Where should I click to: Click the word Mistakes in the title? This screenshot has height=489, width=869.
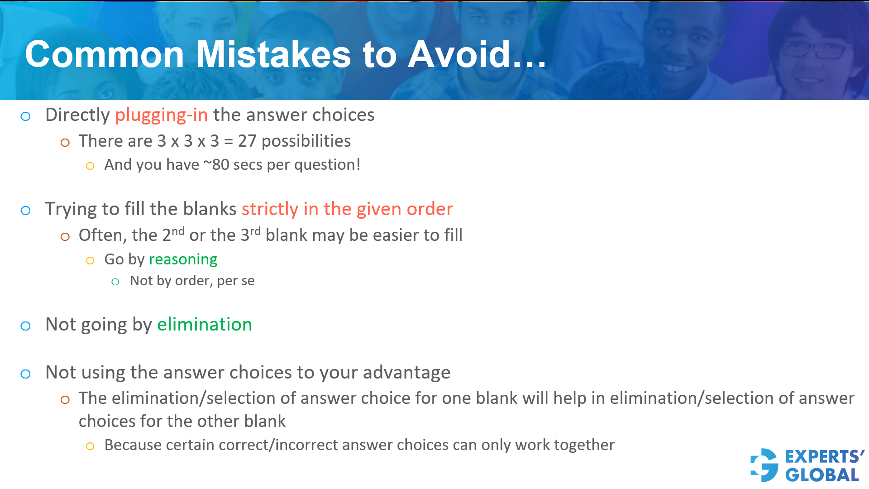tap(273, 54)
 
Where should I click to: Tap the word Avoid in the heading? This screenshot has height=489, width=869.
tap(459, 54)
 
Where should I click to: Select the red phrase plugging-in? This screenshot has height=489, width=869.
tap(161, 115)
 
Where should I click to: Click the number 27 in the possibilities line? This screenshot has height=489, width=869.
tap(247, 141)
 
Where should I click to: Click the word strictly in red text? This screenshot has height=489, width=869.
tap(270, 209)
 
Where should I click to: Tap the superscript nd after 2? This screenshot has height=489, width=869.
tap(178, 231)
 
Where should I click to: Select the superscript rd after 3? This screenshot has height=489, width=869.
tap(255, 231)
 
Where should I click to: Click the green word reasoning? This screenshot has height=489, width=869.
tap(183, 259)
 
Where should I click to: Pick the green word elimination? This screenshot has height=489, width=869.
tap(204, 325)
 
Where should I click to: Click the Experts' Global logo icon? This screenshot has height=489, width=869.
tap(764, 465)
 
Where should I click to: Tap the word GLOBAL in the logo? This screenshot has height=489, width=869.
tap(822, 475)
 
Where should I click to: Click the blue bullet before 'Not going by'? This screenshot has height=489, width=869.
tap(26, 326)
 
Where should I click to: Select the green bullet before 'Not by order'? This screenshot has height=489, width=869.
tap(115, 282)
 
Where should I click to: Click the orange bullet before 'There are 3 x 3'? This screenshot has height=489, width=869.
tap(65, 143)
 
